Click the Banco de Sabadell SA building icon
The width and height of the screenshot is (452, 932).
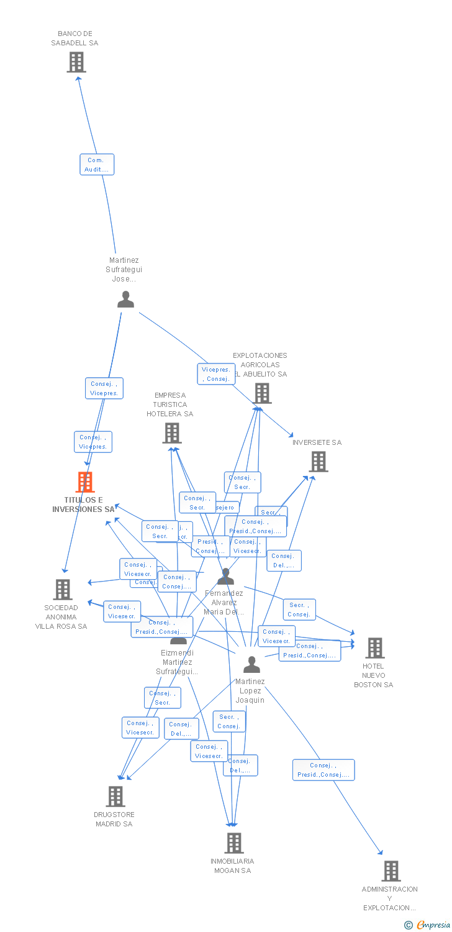click(76, 62)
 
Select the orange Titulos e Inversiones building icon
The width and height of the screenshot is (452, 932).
click(85, 482)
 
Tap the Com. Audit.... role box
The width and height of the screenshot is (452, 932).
click(97, 165)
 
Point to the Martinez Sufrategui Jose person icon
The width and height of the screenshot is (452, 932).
click(125, 299)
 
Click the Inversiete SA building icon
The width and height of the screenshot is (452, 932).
click(319, 462)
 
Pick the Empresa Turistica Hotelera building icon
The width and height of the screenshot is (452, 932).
click(172, 433)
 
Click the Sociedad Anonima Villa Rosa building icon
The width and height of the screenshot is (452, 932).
click(63, 589)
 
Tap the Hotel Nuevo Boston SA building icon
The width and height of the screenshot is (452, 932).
click(374, 648)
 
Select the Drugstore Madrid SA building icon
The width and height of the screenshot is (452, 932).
click(115, 797)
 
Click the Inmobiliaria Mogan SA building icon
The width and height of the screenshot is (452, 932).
click(233, 843)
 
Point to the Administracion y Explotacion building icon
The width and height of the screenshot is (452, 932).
click(391, 871)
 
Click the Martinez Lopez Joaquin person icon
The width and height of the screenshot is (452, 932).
click(251, 665)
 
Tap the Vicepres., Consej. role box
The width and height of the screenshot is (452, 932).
click(217, 374)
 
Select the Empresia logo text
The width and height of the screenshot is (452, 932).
click(433, 925)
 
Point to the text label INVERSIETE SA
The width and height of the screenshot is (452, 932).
click(317, 442)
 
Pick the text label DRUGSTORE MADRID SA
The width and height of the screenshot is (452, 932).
click(114, 819)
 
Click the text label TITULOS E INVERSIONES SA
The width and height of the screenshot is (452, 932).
click(83, 505)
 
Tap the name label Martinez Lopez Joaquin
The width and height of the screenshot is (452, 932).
click(250, 691)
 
